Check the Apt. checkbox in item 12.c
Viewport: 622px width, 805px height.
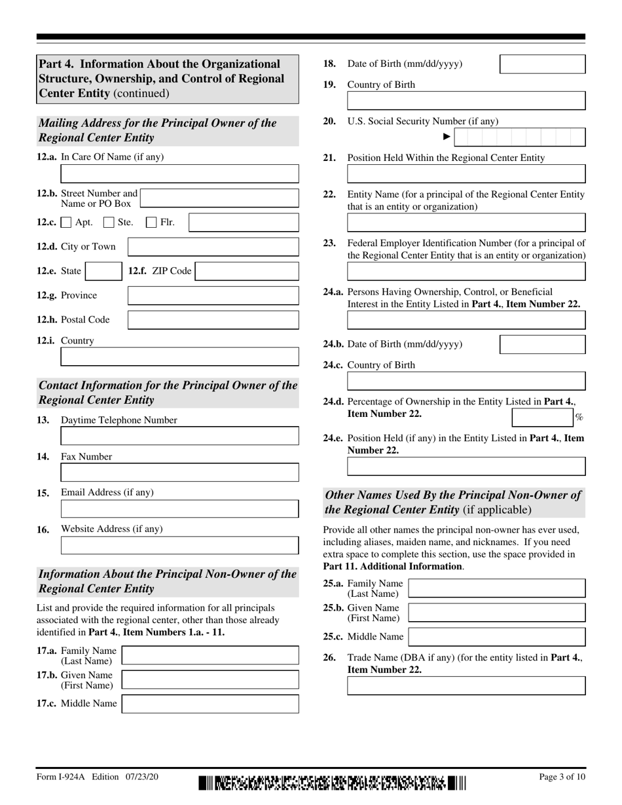(x=66, y=223)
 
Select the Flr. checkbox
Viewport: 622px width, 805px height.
(x=151, y=223)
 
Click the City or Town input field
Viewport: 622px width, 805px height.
(x=213, y=247)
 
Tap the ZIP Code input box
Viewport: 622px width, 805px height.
(x=247, y=271)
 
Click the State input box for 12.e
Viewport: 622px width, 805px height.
(x=101, y=271)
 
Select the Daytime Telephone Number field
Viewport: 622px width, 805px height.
(x=179, y=436)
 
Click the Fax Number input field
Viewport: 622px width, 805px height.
(x=179, y=473)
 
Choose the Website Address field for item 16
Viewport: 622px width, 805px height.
(x=179, y=545)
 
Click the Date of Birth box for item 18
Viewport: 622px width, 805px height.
(x=543, y=64)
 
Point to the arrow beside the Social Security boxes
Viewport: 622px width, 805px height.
(x=447, y=137)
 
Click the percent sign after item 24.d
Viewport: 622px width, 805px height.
(x=579, y=418)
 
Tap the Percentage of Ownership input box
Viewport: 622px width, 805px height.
(x=541, y=418)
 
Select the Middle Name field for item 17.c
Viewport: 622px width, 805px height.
(x=210, y=704)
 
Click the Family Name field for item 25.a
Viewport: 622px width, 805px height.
(x=497, y=588)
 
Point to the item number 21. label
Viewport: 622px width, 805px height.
(x=330, y=158)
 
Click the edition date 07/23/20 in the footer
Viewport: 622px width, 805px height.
(x=139, y=777)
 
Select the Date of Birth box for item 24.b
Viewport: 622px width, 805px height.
(x=543, y=344)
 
